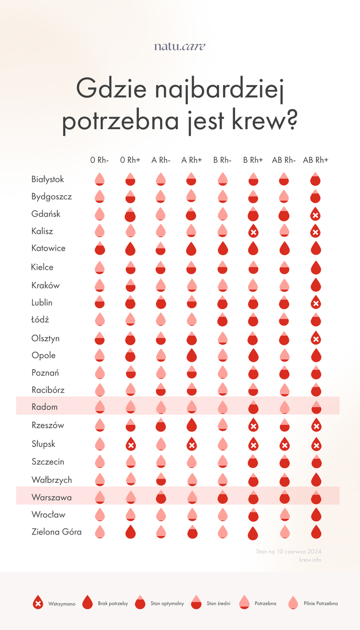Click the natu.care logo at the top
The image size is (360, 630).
pos(179,46)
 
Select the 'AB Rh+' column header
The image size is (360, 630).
pos(315,160)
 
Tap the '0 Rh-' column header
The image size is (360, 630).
pos(99,160)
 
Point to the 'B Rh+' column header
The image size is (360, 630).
pos(253,160)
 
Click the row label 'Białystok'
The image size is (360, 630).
pos(48,180)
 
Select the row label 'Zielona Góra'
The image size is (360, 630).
pos(56,532)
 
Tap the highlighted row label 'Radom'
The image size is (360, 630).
pos(45,407)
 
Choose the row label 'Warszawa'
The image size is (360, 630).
pos(51,497)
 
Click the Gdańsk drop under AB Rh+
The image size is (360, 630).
pos(315,215)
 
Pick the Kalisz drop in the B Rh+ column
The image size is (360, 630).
pos(253,232)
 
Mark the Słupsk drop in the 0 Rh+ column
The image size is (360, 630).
pos(130,445)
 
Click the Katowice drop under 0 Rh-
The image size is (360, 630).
pos(99,249)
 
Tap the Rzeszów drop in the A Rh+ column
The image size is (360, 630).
pos(192,425)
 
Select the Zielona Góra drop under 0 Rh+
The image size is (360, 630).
pos(130,532)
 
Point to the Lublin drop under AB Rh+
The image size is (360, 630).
pos(315,303)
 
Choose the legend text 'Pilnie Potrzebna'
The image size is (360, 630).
pos(321,604)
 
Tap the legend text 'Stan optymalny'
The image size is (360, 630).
pos(167,604)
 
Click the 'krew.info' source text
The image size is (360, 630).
pos(310,560)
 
